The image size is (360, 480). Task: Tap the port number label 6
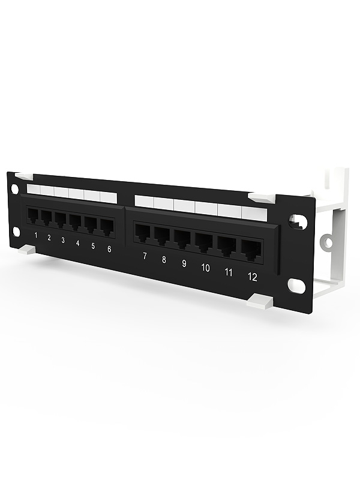click(109, 248)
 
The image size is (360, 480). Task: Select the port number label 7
click(144, 256)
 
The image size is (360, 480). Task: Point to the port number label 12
click(251, 277)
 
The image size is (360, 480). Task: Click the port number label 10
click(205, 268)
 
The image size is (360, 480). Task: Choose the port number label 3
click(63, 239)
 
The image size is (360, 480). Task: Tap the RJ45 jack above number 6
click(106, 226)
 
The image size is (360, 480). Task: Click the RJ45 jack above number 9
click(182, 238)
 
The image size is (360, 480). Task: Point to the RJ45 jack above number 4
click(76, 221)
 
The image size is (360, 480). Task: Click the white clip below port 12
click(262, 302)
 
